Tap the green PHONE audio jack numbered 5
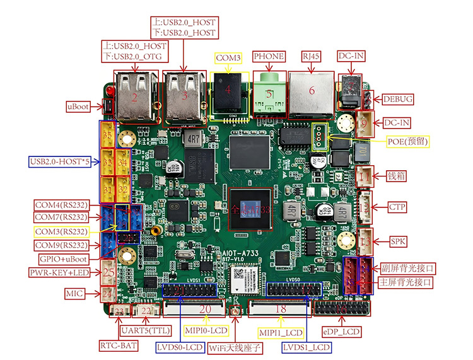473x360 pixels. [x=269, y=95]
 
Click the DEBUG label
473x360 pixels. [x=397, y=99]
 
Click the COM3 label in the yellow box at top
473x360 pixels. [x=228, y=57]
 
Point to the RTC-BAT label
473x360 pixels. [x=119, y=345]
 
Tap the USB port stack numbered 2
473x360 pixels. [x=135, y=97]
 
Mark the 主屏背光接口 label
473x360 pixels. [x=406, y=282]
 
